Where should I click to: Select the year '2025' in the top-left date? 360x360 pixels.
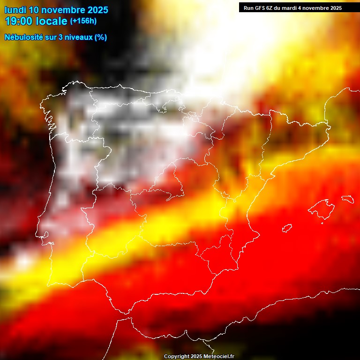coord(97,9)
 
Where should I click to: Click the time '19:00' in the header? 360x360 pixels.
coord(19,21)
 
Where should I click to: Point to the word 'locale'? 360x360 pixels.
coord(51,21)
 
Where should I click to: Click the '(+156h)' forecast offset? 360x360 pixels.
coord(83,21)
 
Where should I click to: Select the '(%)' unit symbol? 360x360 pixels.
coord(101,37)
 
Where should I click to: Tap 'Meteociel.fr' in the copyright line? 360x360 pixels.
coord(219,357)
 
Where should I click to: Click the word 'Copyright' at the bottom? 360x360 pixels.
coord(176,357)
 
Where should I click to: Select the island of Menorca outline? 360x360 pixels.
coord(347,199)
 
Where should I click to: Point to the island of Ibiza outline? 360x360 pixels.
coord(287,228)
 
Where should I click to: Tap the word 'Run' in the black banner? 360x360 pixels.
coord(248,8)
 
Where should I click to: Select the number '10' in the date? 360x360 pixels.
coord(34,9)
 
